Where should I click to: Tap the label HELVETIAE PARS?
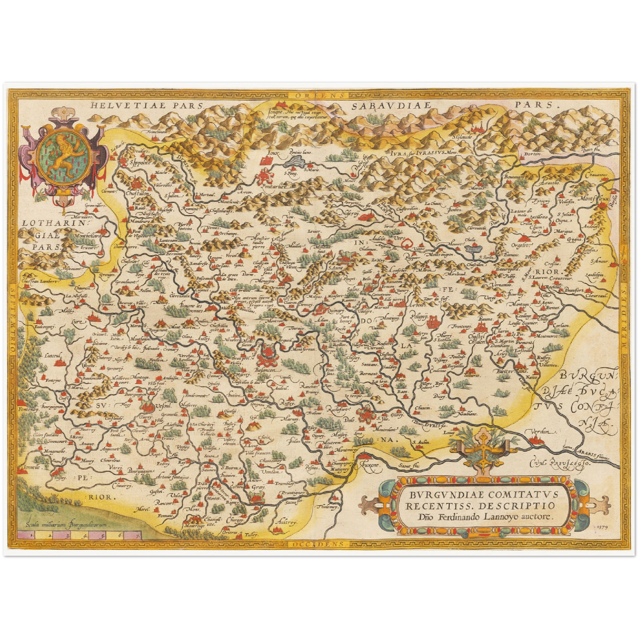pyautogui.click(x=145, y=105)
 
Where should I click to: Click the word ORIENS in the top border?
pyautogui.click(x=315, y=94)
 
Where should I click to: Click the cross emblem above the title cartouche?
pyautogui.click(x=485, y=447)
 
